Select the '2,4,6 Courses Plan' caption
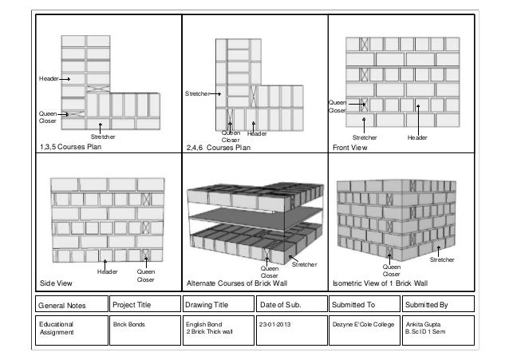tap(218, 147)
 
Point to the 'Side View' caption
tap(56, 283)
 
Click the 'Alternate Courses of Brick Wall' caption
tap(236, 283)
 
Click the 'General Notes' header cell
tap(63, 304)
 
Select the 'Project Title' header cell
tap(132, 304)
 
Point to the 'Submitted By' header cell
tap(428, 304)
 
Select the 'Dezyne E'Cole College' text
tap(363, 325)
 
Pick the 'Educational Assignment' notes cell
tap(56, 329)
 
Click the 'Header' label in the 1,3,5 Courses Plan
tap(49, 78)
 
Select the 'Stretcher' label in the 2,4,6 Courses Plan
tap(197, 93)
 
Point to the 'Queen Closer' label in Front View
tap(337, 106)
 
